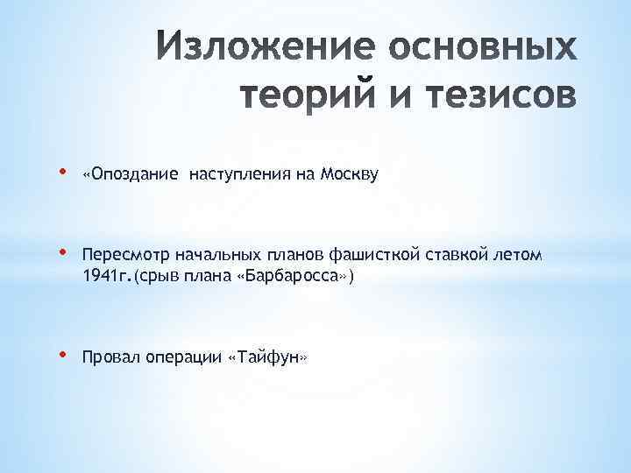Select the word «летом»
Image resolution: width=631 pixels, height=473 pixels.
[x=521, y=255]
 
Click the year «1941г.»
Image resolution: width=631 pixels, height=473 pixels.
[x=104, y=276]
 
